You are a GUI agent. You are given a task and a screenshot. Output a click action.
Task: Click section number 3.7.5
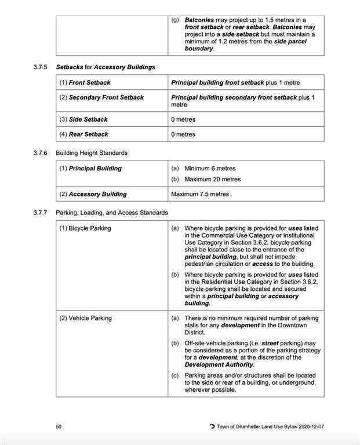(41, 67)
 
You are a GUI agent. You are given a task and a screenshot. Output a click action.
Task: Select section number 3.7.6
(41, 153)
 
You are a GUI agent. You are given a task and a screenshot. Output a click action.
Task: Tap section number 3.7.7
(41, 213)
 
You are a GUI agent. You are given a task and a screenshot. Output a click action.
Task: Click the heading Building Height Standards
(92, 153)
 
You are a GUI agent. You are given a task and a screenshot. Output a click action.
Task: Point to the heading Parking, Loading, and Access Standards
(112, 213)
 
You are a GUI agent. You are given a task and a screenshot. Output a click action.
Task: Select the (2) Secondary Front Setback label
(101, 97)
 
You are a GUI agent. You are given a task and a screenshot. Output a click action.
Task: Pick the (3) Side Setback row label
(83, 119)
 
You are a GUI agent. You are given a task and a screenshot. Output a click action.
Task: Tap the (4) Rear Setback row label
(83, 134)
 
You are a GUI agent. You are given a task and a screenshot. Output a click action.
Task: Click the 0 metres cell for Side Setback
(183, 119)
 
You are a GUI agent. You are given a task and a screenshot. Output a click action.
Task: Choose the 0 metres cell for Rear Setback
(183, 134)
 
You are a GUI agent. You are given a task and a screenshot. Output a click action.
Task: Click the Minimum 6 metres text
(210, 169)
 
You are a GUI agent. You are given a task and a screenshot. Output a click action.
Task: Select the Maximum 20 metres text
(212, 179)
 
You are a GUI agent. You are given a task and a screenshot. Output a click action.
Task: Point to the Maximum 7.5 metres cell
(200, 194)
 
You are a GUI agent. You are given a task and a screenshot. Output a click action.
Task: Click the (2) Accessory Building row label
(93, 194)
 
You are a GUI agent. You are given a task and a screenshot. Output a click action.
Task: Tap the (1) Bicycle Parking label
(85, 228)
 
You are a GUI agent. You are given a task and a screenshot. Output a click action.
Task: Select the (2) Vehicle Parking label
(85, 318)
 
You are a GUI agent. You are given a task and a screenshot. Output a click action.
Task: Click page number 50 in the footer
(59, 427)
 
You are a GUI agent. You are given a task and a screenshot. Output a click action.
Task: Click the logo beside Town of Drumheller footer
(212, 427)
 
